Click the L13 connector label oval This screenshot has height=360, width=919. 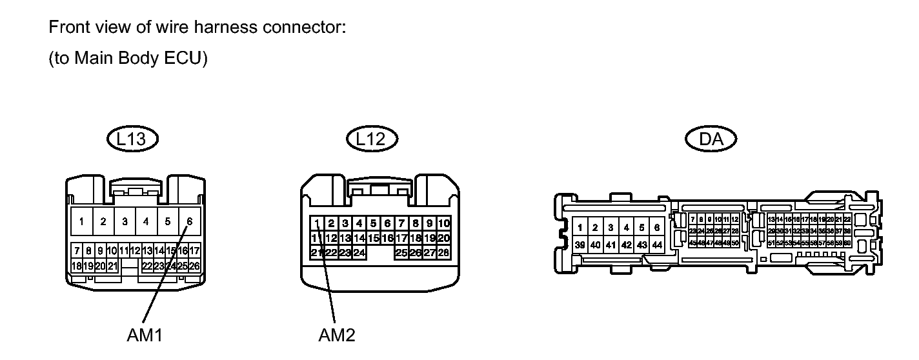pos(133,138)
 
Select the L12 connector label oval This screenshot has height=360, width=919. pos(372,138)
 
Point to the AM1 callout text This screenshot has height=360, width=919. pos(145,335)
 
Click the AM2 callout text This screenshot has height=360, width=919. pos(337,335)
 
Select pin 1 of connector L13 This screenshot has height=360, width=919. pos(81,222)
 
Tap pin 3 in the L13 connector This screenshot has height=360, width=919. pos(125,222)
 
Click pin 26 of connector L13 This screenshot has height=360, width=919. pos(194,266)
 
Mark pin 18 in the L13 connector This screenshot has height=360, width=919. pos(76,266)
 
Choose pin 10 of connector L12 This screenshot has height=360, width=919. pos(444,224)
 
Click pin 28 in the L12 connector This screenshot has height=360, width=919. pos(444,252)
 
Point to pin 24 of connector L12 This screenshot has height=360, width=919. pos(359,252)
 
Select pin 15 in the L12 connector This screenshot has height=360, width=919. pos(373,238)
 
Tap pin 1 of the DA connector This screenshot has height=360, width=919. pos(580,227)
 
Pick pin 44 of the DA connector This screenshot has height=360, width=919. pos(657,245)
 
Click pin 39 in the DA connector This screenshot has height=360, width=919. pos(580,245)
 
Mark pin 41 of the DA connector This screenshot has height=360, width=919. pos(611,245)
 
